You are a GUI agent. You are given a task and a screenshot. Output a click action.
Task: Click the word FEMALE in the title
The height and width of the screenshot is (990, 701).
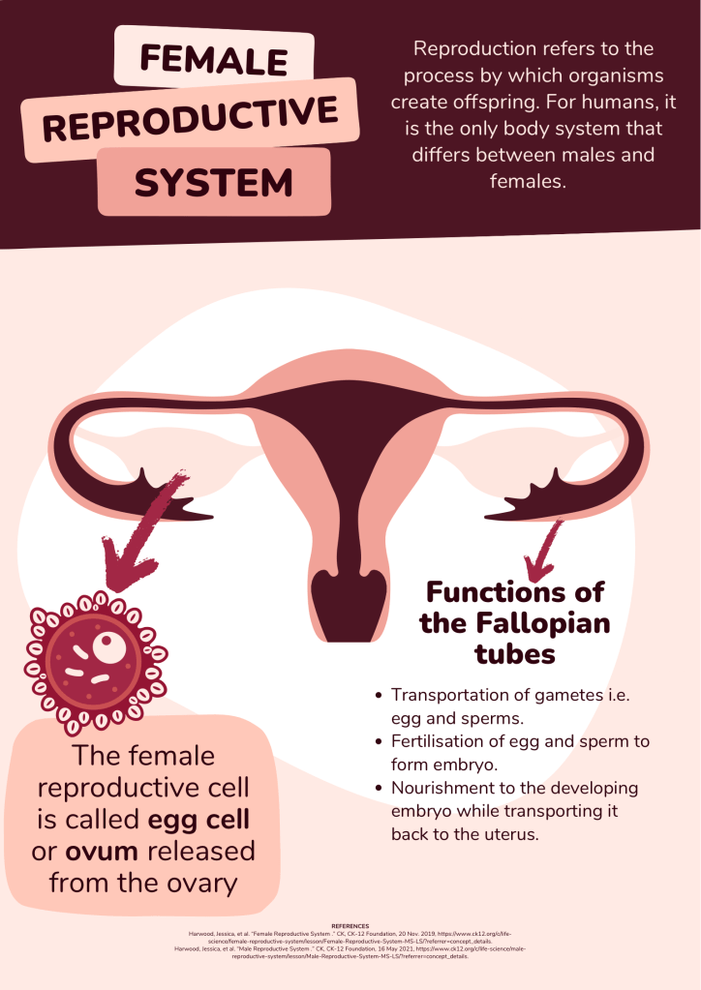214,59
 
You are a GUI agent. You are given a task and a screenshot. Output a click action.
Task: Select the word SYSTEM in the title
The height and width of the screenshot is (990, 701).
214,181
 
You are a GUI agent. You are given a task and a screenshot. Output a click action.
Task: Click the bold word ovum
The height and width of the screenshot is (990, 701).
103,853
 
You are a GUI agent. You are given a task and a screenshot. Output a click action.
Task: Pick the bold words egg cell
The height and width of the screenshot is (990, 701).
198,820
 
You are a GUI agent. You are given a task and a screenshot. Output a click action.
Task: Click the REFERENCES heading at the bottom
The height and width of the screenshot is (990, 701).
350,926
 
